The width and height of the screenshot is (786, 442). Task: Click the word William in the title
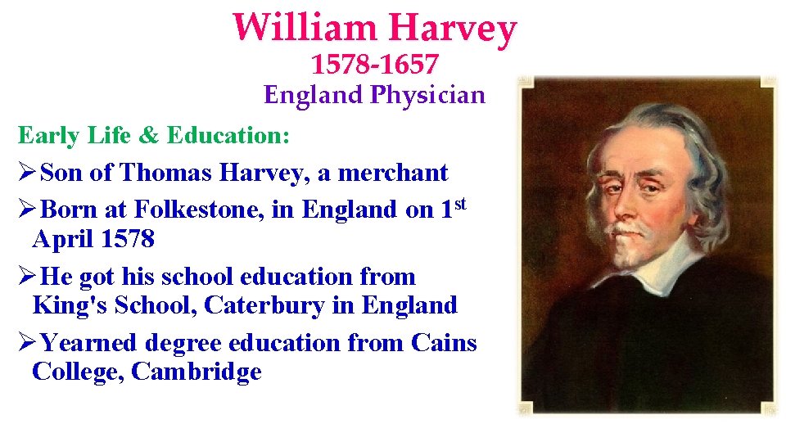pos(304,28)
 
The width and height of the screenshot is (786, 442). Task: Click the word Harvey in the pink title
pos(453,29)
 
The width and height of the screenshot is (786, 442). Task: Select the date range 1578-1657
pos(375,63)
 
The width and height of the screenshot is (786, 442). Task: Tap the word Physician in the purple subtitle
pos(427,95)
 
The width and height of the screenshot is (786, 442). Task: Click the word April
pos(64,239)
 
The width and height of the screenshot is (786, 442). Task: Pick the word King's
pos(70,305)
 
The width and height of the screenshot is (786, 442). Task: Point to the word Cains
pos(445,342)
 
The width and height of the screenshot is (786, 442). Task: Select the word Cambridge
pos(196,372)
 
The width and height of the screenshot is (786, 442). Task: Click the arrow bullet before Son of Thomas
pos(26,173)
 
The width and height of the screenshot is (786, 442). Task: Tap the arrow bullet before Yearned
pos(26,342)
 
